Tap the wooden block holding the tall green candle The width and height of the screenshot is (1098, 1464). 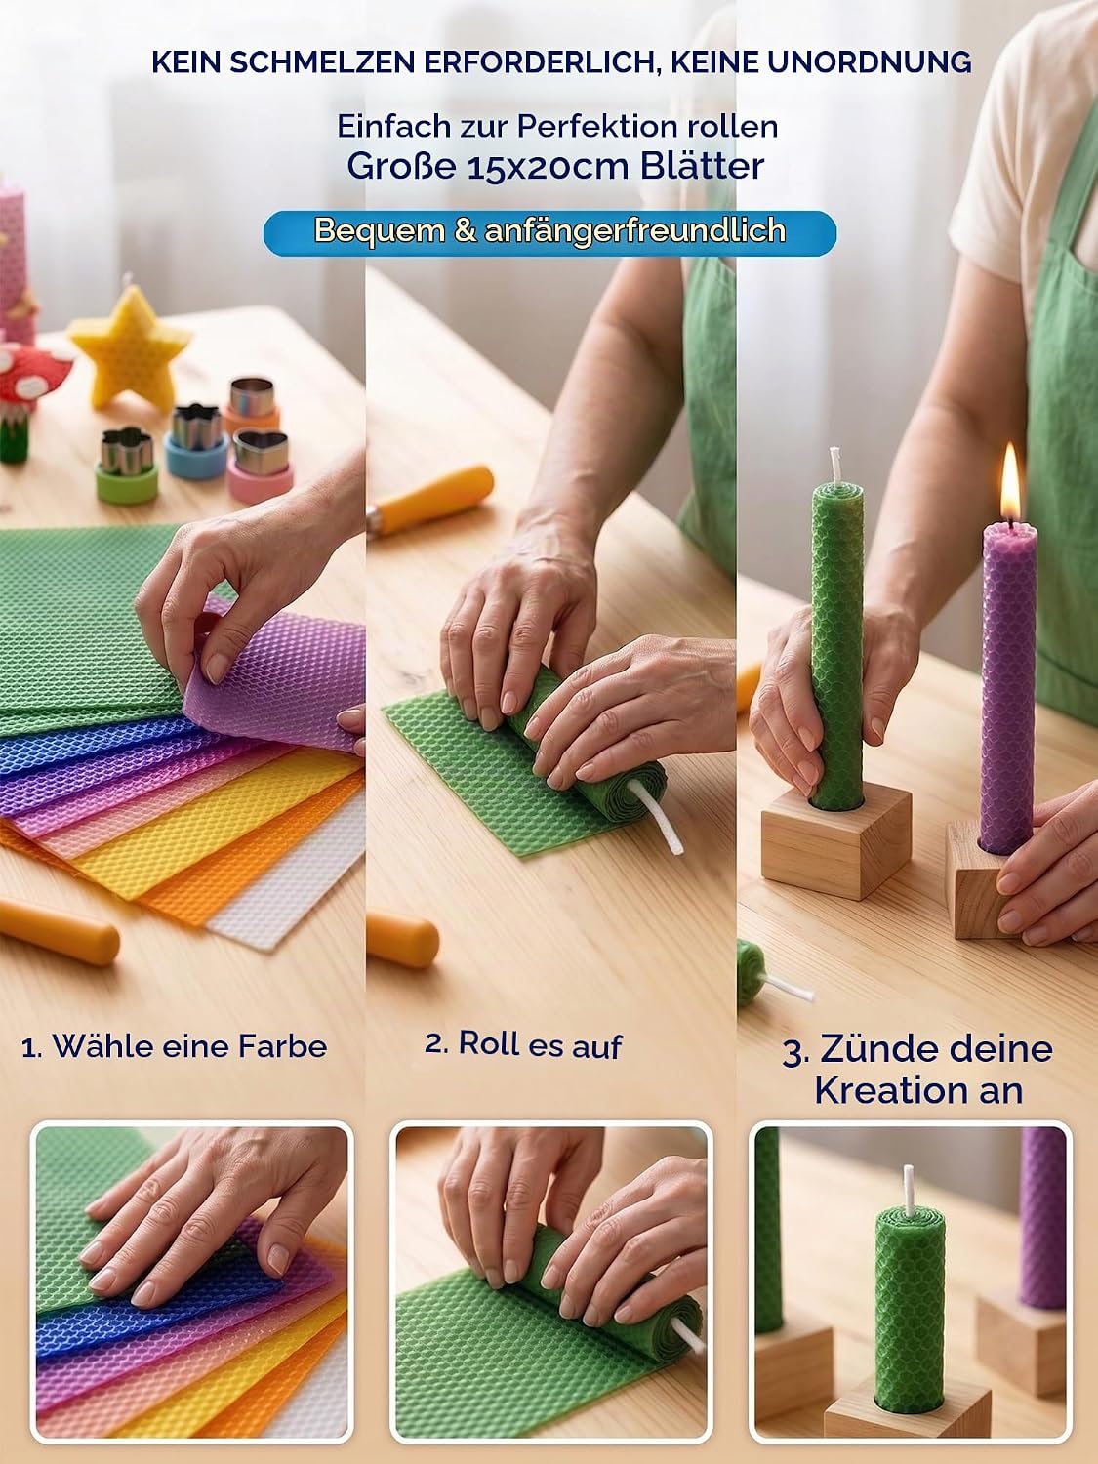836,839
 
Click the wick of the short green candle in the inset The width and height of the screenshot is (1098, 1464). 909,1191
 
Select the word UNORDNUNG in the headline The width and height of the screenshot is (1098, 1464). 869,62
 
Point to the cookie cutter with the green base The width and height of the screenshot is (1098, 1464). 127,465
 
